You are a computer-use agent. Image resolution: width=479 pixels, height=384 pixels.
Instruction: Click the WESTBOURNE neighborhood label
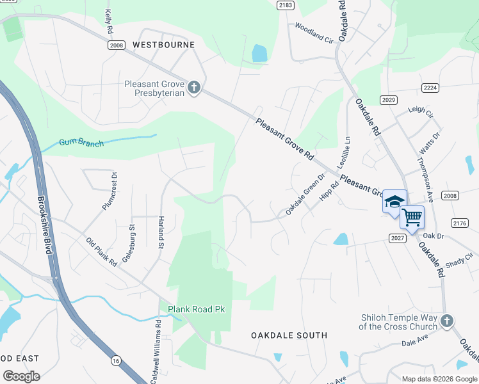coord(163,45)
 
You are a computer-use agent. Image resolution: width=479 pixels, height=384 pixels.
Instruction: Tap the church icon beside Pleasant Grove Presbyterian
coord(195,87)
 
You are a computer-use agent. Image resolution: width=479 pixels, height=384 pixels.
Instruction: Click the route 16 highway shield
coord(115,361)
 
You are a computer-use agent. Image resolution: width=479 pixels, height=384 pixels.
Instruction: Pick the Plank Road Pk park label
coord(197,310)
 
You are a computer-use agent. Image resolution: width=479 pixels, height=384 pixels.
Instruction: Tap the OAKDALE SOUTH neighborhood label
coord(289,335)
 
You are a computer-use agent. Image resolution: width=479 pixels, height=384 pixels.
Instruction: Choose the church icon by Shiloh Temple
coord(447,321)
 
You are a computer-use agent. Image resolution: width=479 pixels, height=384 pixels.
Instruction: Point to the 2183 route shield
coord(286,5)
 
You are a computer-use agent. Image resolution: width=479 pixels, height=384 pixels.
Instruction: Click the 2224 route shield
coord(430,87)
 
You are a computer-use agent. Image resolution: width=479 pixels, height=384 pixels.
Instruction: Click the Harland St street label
coord(161,228)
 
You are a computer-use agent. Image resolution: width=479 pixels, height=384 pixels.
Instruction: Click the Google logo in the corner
coord(21,376)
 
